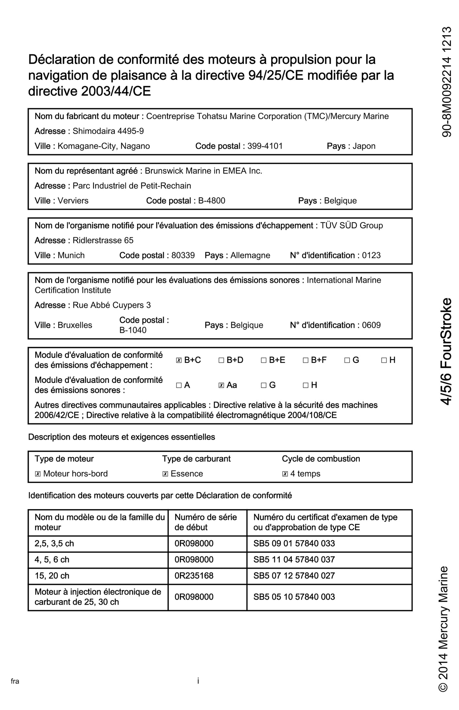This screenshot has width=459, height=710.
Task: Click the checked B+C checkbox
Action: point(179,360)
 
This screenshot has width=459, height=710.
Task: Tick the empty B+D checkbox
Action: point(221,360)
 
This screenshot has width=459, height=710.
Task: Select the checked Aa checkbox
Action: point(221,385)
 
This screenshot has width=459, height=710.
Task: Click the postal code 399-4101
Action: point(265,146)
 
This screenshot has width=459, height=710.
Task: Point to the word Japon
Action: point(364,146)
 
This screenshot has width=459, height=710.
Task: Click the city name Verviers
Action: point(73,201)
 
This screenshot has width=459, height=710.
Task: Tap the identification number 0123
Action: point(371,255)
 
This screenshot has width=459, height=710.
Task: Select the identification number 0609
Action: point(371,325)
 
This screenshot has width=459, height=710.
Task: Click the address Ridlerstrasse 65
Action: point(103,240)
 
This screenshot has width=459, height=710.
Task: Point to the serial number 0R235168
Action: point(194,576)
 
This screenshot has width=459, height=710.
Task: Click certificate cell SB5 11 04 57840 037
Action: point(294,560)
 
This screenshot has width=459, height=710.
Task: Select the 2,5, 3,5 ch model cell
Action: point(54,544)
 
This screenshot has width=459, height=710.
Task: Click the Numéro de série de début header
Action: point(206,522)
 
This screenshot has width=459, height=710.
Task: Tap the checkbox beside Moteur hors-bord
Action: point(38,474)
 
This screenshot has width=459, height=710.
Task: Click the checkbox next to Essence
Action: point(165,474)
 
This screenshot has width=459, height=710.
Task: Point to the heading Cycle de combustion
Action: point(321,459)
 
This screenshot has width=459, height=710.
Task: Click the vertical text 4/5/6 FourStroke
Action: point(446,351)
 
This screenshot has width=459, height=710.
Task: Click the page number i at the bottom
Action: point(198,681)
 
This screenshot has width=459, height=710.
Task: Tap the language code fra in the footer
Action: point(15,681)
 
